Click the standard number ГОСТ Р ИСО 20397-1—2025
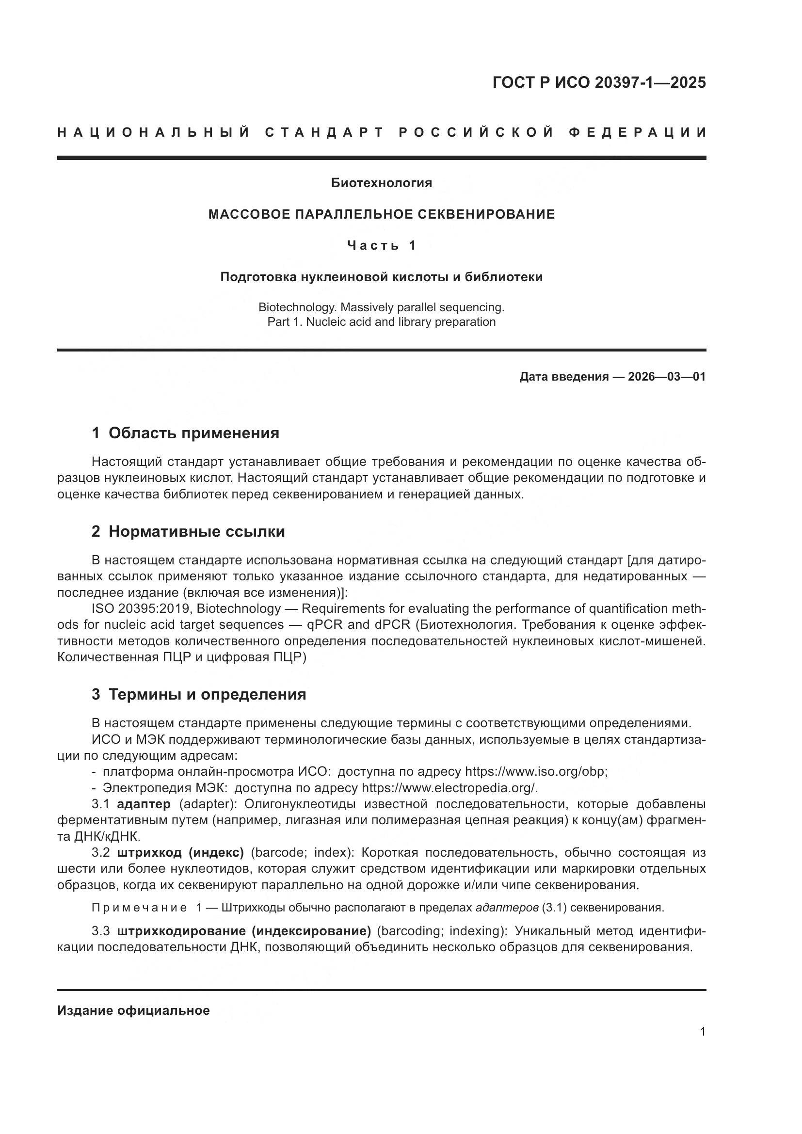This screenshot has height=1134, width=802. click(598, 82)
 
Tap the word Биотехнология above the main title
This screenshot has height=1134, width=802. click(381, 183)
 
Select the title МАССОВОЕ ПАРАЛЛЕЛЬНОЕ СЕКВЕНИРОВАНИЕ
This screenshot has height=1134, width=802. click(381, 214)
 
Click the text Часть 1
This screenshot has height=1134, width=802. click(381, 245)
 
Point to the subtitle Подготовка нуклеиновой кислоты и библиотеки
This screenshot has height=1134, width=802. click(381, 277)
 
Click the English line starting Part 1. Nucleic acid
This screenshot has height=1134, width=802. click(381, 322)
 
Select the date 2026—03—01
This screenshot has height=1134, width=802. click(666, 377)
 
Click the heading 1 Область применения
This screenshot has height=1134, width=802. click(185, 433)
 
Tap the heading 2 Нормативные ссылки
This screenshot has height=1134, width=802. click(188, 531)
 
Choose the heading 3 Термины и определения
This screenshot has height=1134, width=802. click(198, 694)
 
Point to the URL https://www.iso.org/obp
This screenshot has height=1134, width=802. click(535, 771)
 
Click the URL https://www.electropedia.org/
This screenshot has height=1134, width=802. click(449, 788)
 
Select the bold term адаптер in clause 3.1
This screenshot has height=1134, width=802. click(144, 804)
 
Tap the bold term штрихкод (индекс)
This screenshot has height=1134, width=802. click(180, 853)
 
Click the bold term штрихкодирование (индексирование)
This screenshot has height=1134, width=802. click(244, 931)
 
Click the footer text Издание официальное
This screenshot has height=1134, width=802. click(133, 1010)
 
